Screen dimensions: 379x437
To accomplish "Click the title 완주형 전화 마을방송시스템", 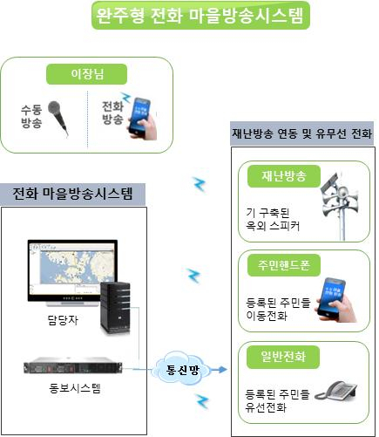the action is pyautogui.click(x=200, y=15).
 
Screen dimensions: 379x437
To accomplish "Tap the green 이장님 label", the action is pyautogui.click(x=86, y=74).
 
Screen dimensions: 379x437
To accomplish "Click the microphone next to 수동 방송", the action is pyautogui.click(x=58, y=118).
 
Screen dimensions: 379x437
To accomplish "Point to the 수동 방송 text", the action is pyautogui.click(x=31, y=116).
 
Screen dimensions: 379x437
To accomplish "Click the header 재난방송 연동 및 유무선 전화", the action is pyautogui.click(x=301, y=133).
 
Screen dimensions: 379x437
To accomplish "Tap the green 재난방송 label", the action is pyautogui.click(x=284, y=176).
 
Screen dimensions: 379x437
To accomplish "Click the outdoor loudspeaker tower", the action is pyautogui.click(x=340, y=206).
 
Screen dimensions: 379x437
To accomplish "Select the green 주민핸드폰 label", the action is pyautogui.click(x=284, y=265).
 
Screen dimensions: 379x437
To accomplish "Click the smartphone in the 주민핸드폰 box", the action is pyautogui.click(x=335, y=299).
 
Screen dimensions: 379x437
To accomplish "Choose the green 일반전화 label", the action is pyautogui.click(x=283, y=357).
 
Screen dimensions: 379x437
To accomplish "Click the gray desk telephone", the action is pyautogui.click(x=336, y=391).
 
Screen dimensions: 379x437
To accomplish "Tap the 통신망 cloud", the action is pyautogui.click(x=182, y=369).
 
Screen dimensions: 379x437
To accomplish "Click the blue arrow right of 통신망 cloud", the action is pyautogui.click(x=219, y=370).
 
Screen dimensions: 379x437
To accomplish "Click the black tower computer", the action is pyautogui.click(x=115, y=308).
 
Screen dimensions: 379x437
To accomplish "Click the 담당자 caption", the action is pyautogui.click(x=63, y=320).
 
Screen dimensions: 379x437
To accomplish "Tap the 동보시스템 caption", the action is pyautogui.click(x=75, y=388).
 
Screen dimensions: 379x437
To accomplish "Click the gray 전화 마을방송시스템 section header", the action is pyautogui.click(x=72, y=195).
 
